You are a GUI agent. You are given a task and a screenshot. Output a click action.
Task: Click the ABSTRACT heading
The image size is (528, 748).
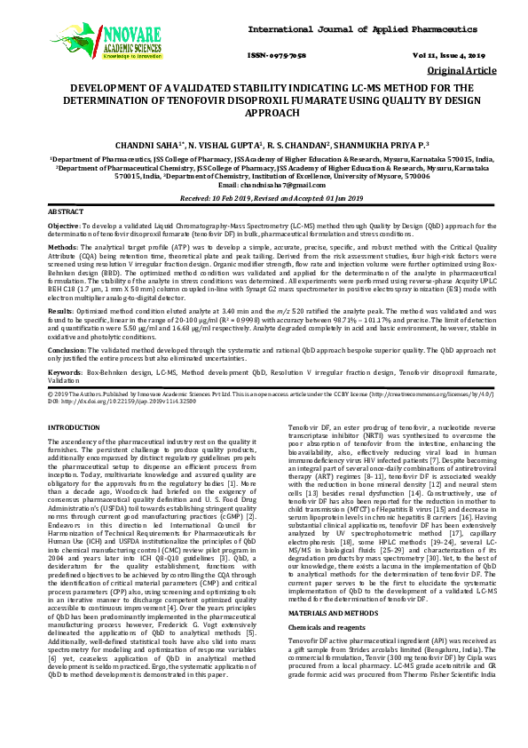pyautogui.click(x=66, y=213)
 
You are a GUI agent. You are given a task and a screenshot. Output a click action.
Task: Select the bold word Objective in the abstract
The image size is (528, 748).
pyautogui.click(x=64, y=227)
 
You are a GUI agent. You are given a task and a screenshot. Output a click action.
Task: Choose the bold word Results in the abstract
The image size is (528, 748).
pyautogui.click(x=60, y=313)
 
